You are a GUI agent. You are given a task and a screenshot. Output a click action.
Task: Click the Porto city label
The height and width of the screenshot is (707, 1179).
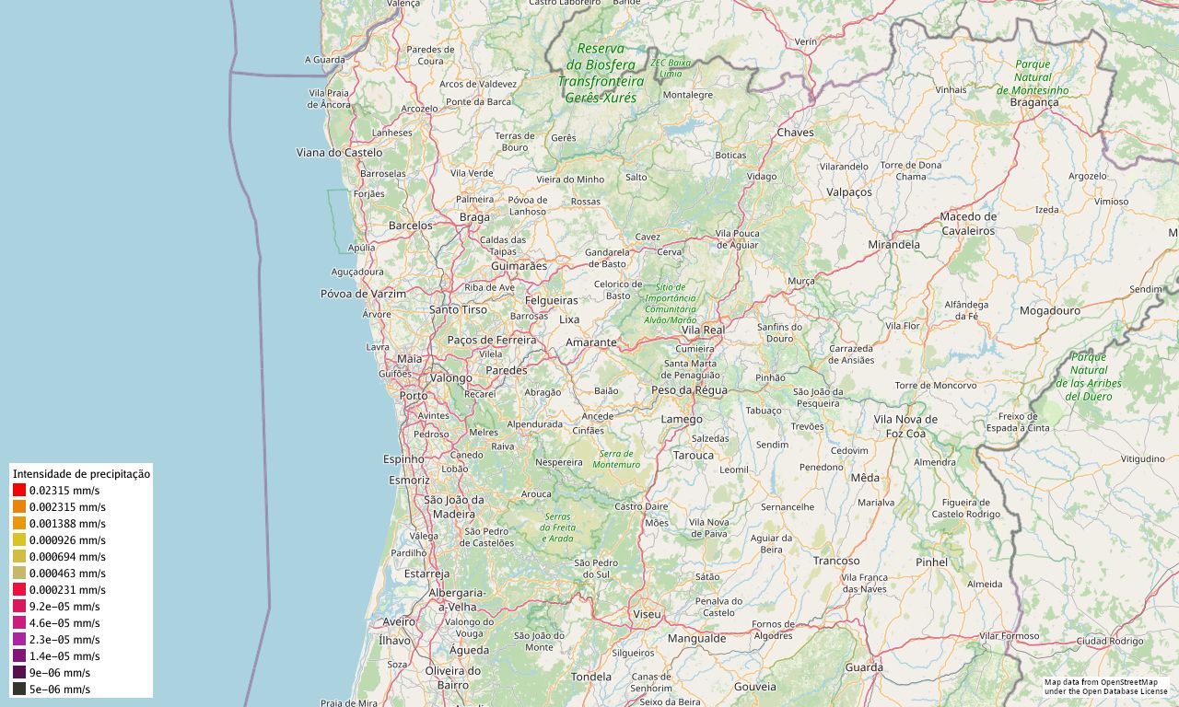pyautogui.click(x=414, y=396)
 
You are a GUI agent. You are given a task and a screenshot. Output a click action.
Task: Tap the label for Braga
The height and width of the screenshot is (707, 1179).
pyautogui.click(x=474, y=217)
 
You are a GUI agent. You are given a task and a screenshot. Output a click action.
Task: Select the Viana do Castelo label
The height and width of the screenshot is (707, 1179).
pyautogui.click(x=339, y=152)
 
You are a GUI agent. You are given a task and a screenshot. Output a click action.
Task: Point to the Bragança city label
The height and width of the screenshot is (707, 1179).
pyautogui.click(x=1034, y=103)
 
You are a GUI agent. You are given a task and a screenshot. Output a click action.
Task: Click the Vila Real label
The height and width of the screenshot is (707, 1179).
pyautogui.click(x=703, y=330)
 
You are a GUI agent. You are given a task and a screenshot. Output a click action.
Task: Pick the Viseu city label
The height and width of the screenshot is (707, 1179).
pyautogui.click(x=647, y=613)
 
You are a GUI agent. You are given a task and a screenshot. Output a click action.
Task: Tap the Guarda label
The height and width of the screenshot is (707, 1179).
pyautogui.click(x=864, y=667)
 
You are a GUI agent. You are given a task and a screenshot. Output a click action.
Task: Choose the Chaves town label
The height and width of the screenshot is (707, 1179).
pyautogui.click(x=796, y=133)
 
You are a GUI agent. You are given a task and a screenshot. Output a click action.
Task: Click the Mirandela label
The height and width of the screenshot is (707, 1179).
pyautogui.click(x=893, y=245)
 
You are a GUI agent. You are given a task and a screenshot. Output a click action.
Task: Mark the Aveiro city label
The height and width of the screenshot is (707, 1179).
pyautogui.click(x=399, y=622)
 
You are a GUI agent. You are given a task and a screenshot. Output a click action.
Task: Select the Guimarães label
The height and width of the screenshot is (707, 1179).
pyautogui.click(x=519, y=266)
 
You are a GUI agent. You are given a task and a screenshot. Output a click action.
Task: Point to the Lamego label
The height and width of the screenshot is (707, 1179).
pyautogui.click(x=682, y=420)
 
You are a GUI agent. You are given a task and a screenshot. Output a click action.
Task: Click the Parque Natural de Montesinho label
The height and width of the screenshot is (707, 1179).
pyautogui.click(x=1033, y=77)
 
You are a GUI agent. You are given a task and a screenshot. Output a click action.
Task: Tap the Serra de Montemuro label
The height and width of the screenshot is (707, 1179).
pyautogui.click(x=616, y=458)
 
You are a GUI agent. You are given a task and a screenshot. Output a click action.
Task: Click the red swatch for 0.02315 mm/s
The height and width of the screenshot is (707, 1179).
pyautogui.click(x=19, y=491)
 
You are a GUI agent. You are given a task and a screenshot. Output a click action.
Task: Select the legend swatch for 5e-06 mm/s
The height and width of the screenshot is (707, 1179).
pyautogui.click(x=19, y=689)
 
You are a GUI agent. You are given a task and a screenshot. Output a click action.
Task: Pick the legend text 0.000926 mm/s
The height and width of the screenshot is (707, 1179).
pyautogui.click(x=67, y=540)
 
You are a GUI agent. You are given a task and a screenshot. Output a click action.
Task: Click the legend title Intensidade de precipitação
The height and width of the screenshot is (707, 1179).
pyautogui.click(x=81, y=473)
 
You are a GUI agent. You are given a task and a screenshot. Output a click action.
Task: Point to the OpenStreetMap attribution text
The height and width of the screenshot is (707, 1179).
pyautogui.click(x=1105, y=686)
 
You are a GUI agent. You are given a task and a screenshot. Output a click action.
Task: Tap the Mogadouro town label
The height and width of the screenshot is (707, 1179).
pyautogui.click(x=1049, y=311)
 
